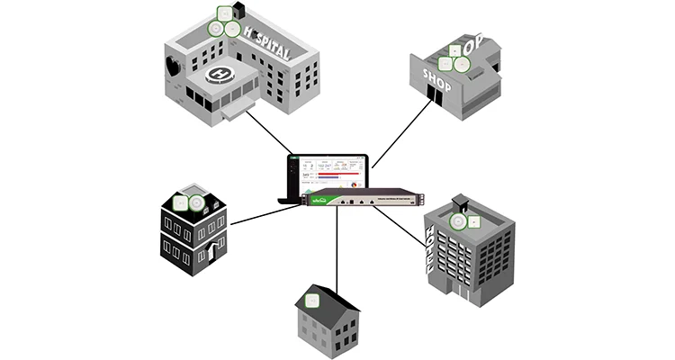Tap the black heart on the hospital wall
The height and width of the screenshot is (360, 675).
coord(172,66)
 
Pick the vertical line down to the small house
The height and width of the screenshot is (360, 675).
coord(337,252)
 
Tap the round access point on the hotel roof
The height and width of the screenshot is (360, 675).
coord(458,222)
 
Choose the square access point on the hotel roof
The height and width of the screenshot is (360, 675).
coord(475,221)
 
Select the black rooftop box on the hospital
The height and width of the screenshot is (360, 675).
coord(238,11)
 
